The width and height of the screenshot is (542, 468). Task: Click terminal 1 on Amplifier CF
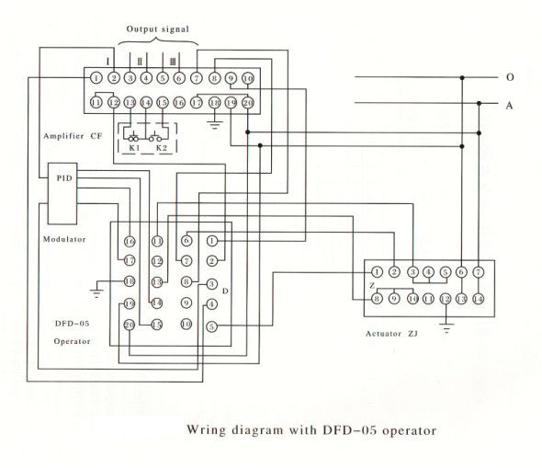[x=96, y=79]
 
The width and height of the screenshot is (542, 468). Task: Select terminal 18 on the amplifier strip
[x=214, y=103]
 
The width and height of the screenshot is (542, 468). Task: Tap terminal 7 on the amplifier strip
[x=197, y=79]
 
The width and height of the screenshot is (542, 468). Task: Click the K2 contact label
[x=163, y=147]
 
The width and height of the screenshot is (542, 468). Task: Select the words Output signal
[x=158, y=29]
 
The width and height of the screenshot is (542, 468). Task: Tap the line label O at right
[x=509, y=77]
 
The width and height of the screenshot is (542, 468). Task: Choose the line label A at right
[x=509, y=106]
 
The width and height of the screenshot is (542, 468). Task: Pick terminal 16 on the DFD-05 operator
[x=130, y=241]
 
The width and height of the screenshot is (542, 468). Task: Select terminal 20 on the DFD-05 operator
[x=130, y=325]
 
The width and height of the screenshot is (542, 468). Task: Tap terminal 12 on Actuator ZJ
[x=445, y=298]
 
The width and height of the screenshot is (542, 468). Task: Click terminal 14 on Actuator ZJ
[x=478, y=298]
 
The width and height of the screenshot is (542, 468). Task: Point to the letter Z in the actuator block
[x=372, y=285]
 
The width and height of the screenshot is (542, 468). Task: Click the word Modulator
[x=64, y=240]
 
